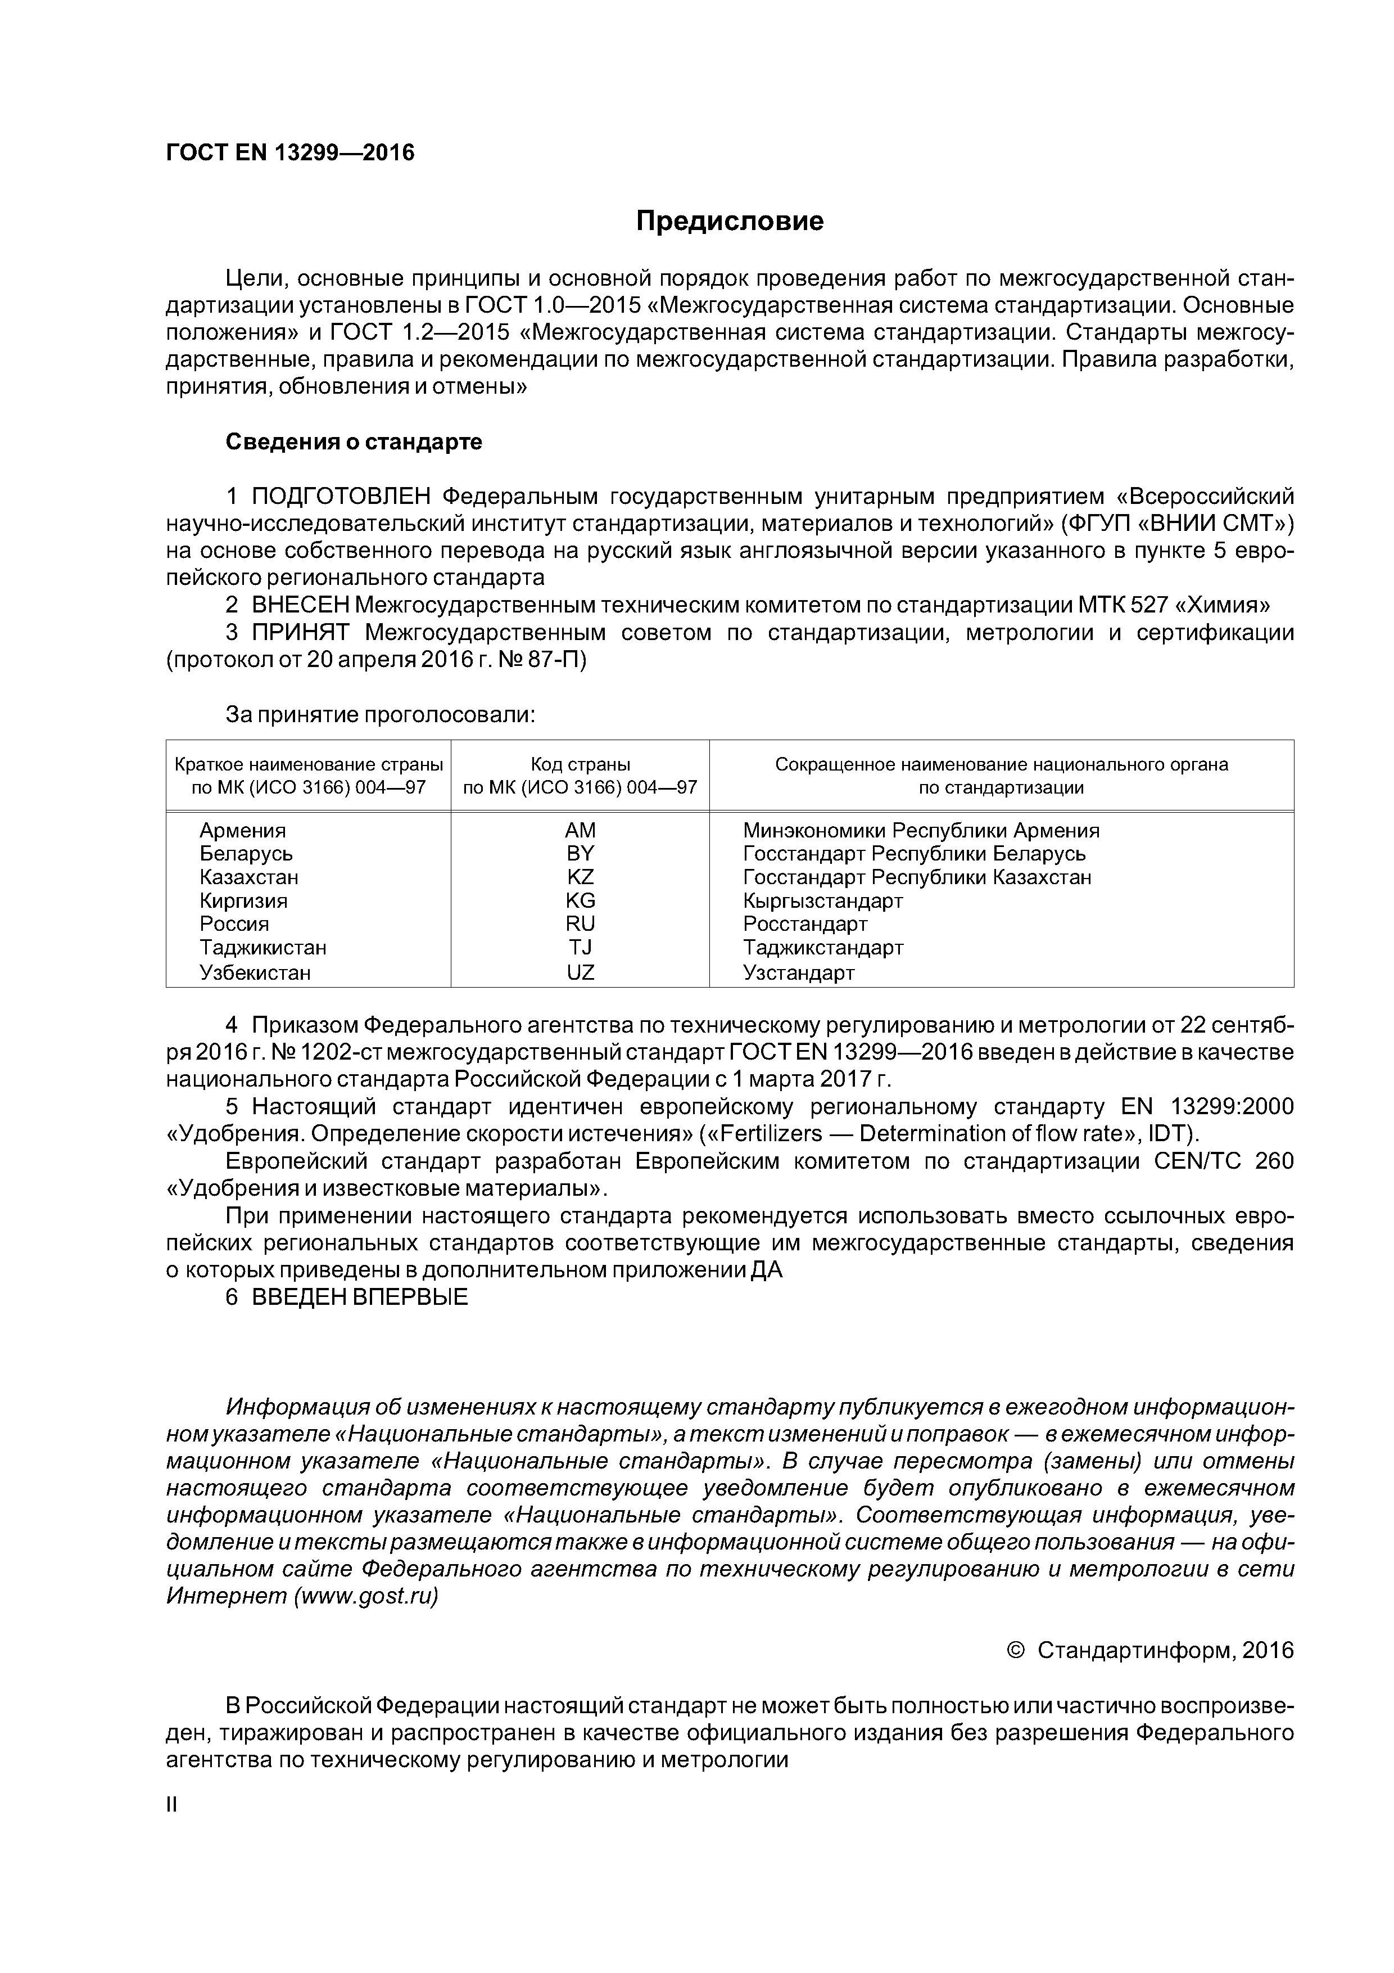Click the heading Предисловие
point(729,222)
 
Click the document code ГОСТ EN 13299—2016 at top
point(289,153)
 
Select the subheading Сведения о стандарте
point(354,443)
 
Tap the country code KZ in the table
point(580,877)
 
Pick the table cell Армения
point(242,831)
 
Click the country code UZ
point(580,973)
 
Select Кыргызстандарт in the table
point(822,900)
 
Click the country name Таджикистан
point(263,948)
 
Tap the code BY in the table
point(580,854)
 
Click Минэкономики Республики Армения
point(921,831)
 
